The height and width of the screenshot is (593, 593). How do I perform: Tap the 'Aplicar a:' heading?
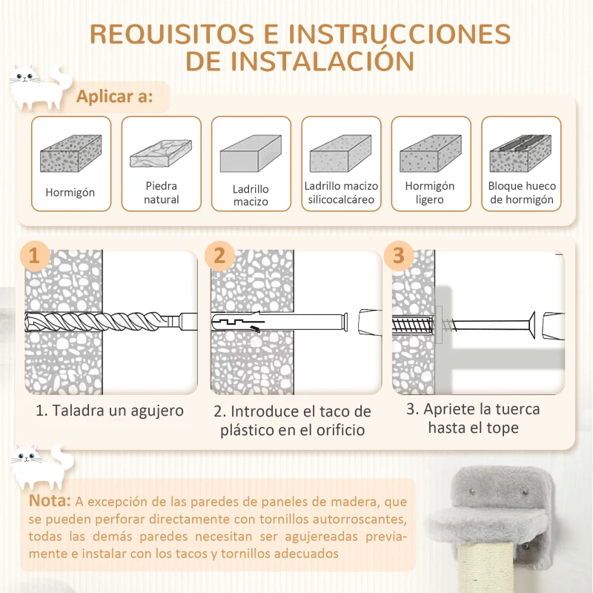[115, 97]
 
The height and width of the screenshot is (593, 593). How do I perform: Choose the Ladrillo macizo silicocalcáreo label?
[341, 193]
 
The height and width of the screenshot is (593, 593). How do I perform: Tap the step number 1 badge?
[35, 256]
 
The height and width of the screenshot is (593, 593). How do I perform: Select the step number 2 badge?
[219, 256]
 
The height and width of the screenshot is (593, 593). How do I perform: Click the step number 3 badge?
[399, 256]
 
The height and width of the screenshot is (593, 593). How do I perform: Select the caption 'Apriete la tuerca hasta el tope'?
[472, 418]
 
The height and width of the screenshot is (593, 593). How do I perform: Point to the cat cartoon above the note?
[39, 465]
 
